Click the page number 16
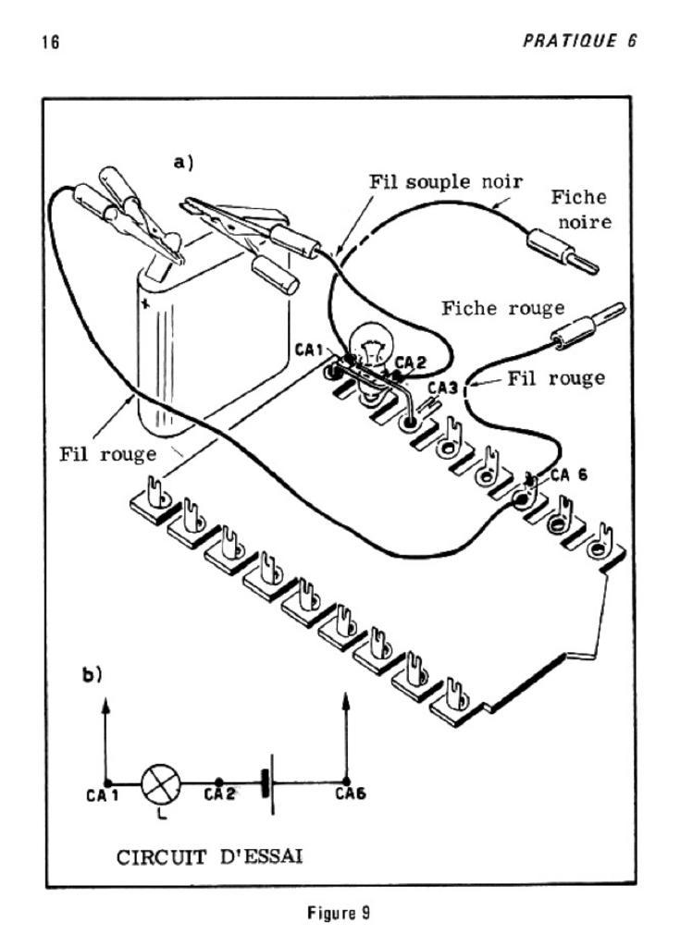click(x=52, y=43)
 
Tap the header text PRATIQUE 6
click(x=579, y=41)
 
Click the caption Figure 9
click(x=339, y=913)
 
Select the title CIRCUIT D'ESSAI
click(x=210, y=857)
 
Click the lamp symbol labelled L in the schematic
click(x=161, y=783)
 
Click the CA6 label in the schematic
click(x=351, y=794)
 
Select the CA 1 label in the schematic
click(x=103, y=796)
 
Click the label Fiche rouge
click(x=502, y=309)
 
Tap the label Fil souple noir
click(x=446, y=182)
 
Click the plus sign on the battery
click(x=144, y=304)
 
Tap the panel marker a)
click(x=183, y=162)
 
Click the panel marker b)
click(x=92, y=674)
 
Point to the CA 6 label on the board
click(x=568, y=475)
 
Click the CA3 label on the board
click(x=443, y=387)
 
